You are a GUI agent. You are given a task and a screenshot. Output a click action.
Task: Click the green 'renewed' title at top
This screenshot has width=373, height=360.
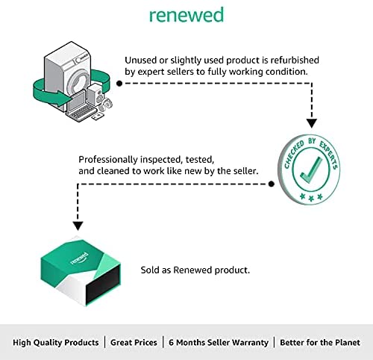coord(186,15)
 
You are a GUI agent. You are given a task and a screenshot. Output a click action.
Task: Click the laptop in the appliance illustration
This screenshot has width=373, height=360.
coord(81,107)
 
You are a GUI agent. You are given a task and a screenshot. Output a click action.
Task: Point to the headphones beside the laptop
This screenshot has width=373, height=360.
coord(105,105)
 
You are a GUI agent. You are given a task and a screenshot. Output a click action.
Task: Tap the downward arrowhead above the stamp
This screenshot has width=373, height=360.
coord(311,123)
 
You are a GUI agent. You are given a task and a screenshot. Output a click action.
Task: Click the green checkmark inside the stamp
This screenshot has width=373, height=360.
coord(311,170)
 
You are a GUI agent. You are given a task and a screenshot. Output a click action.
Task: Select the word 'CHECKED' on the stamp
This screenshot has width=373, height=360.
coord(294,155)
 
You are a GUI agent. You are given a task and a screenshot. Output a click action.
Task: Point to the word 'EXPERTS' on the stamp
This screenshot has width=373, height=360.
coord(329,155)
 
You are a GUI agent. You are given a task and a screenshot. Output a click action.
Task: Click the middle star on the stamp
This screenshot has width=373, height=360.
coord(311,198)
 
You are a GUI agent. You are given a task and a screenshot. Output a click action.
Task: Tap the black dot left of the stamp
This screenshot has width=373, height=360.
coord(272,184)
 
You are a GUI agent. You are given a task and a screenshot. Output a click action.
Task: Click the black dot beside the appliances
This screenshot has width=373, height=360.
coord(119,84)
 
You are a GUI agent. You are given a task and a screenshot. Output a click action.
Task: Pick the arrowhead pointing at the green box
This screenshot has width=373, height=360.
coord(78,226)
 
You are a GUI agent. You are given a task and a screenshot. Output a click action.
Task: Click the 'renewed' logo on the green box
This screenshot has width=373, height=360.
coord(79,258)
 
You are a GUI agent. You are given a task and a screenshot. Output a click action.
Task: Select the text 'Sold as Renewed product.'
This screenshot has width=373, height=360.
coord(195,270)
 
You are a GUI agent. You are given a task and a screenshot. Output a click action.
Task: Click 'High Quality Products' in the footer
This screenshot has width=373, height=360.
coord(56,343)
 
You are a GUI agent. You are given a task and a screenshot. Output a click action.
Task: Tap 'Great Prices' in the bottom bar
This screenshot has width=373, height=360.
coord(134,343)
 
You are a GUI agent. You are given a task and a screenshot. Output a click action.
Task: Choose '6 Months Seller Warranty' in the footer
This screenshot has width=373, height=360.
coord(219,343)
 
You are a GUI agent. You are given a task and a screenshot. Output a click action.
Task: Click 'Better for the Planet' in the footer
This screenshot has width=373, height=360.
coord(320,343)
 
